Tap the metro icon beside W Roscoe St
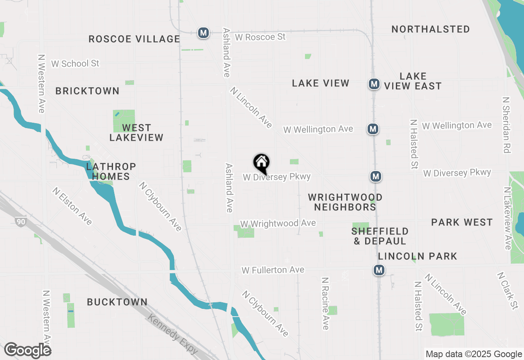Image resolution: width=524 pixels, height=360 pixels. pos(203,33)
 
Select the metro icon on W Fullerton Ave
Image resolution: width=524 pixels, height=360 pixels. pos(379,270)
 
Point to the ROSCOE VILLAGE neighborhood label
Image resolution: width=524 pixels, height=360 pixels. pos(134,39)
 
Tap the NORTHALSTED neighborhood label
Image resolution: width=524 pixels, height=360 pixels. pos(431,29)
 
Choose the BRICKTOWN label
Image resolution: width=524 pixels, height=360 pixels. pos(88,91)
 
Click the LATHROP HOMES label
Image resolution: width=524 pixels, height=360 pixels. pos(111,172)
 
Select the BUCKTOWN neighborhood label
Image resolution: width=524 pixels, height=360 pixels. pos(117,302)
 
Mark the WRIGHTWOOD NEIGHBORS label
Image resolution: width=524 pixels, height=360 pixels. pos(345,202)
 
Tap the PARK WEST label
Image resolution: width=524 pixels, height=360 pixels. pos(462,222)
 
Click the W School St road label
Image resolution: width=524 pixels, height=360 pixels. pos(75,64)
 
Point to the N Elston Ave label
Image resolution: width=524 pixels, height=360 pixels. pos(72,206)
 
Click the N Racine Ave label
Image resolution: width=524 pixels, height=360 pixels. pos(325,304)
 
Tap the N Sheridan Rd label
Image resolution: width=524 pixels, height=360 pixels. pos(506,125)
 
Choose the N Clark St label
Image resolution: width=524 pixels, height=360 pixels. pos(508,291)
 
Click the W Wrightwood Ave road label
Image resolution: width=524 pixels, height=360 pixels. pos(278,223)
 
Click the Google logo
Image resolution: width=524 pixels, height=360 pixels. pos(27,350)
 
